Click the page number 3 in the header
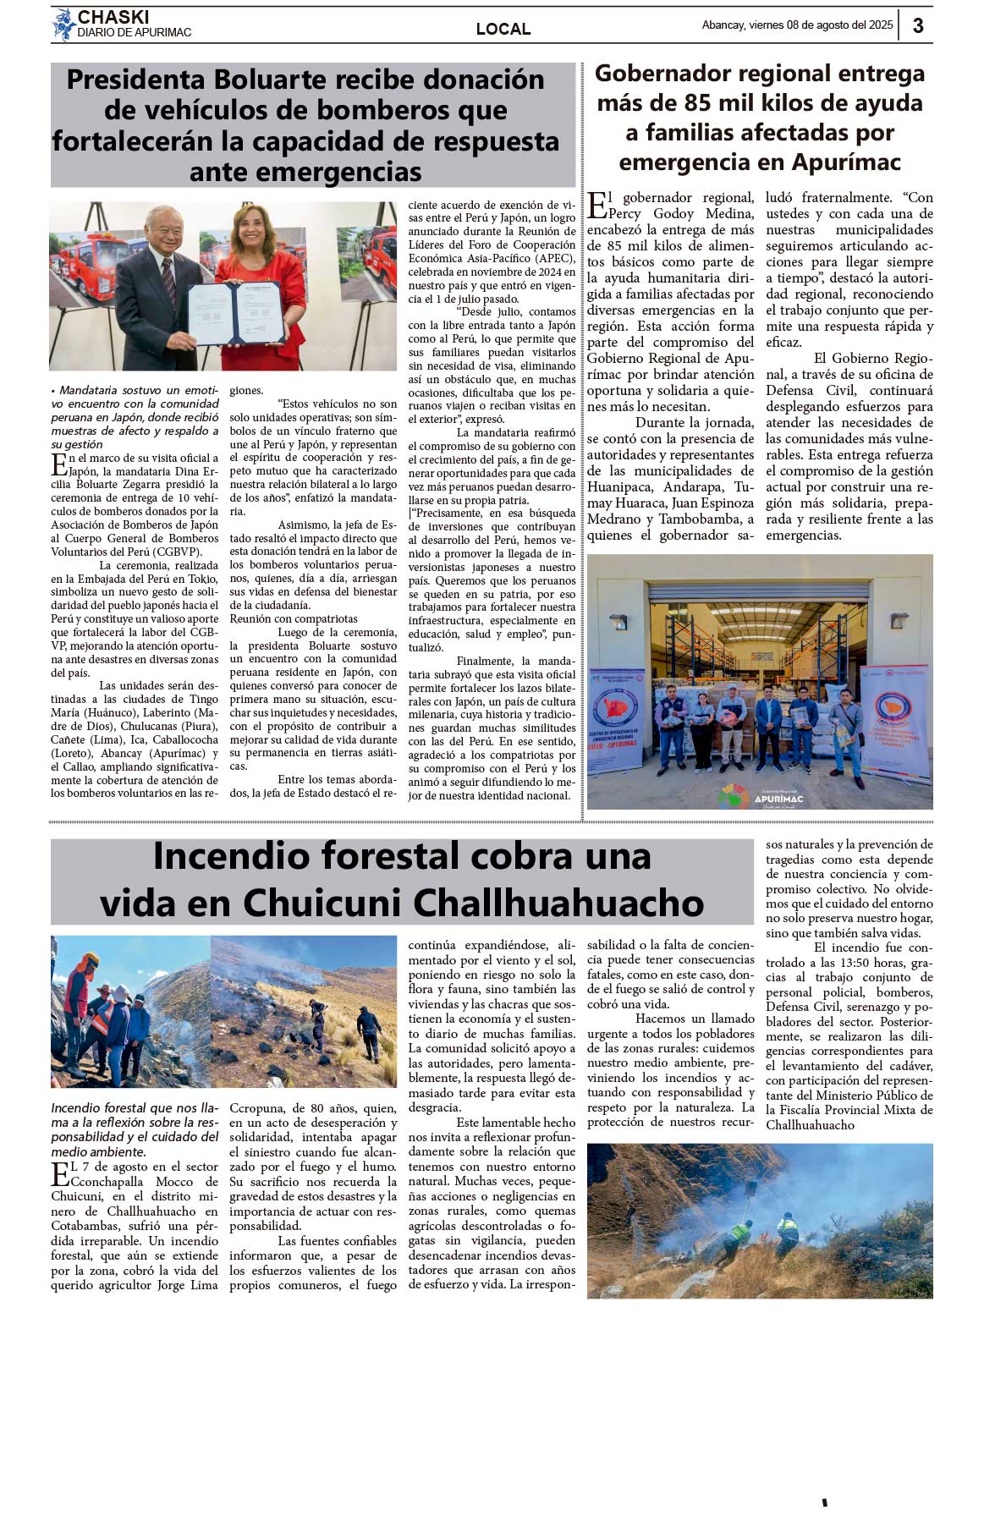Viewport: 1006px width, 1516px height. (x=918, y=25)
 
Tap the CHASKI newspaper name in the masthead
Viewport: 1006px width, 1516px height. (x=113, y=17)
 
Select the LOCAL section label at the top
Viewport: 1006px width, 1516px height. (x=503, y=29)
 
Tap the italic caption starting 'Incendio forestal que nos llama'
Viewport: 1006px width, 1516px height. (x=135, y=1129)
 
